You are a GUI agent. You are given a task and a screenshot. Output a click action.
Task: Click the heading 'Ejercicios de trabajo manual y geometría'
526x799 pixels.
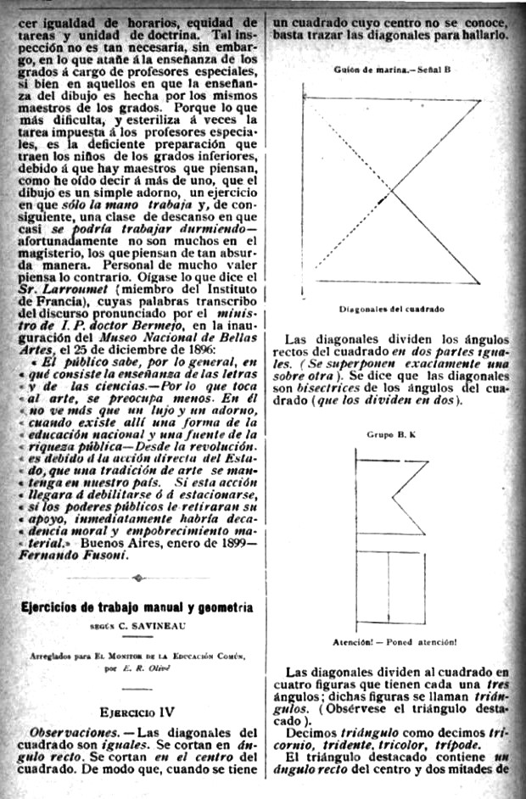pos(137,608)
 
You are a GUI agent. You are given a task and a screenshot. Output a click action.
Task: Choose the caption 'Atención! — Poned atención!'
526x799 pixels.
pos(395,641)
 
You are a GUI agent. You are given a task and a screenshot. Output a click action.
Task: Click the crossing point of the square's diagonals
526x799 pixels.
pos(392,194)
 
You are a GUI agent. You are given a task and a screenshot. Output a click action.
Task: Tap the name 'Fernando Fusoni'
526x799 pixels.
pos(75,555)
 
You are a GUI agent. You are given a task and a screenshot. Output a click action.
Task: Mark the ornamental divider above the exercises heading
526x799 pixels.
pos(137,578)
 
